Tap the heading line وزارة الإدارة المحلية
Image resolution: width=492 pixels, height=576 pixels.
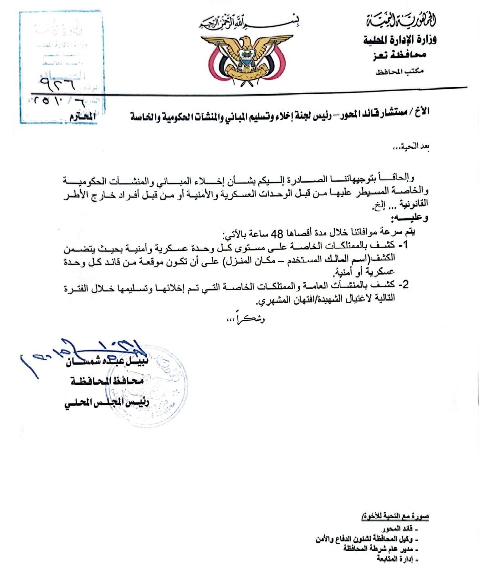point(399,41)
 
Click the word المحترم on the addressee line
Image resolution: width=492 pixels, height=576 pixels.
point(83,117)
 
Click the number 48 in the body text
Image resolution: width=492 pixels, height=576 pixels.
point(277,234)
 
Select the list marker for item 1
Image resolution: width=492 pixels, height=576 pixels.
point(403,246)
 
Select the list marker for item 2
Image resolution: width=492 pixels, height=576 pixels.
point(403,285)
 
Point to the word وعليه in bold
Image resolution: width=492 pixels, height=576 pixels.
point(412,218)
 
